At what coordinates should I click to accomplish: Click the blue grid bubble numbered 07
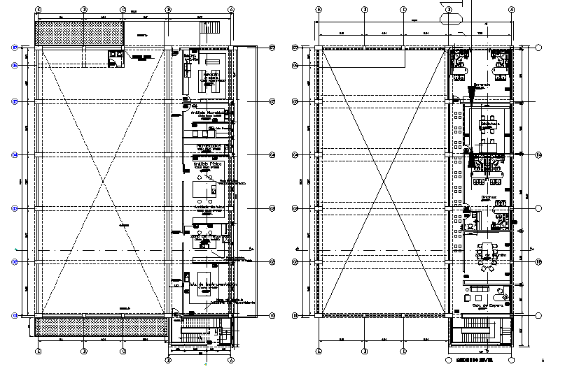coord(14,48)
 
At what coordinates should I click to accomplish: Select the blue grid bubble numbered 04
coord(14,154)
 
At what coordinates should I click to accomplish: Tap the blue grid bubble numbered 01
coord(14,315)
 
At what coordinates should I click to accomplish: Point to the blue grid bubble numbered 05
coord(14,101)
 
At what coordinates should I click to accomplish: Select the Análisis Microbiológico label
coord(204,112)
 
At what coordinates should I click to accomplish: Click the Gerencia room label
coord(482,85)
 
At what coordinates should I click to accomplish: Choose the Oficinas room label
coord(488,197)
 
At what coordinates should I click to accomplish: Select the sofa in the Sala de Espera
coord(481,288)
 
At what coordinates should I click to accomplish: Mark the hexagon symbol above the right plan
coord(449,10)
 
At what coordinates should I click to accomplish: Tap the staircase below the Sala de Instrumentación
coord(199,334)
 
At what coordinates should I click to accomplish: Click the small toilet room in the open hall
coord(114,58)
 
